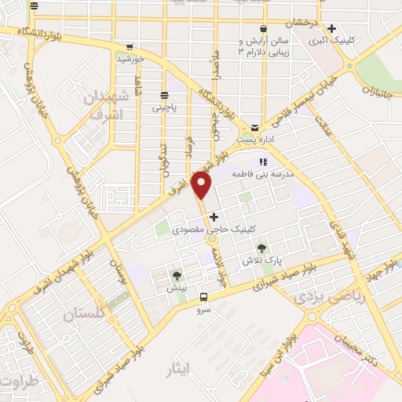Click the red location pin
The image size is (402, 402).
(x=203, y=185)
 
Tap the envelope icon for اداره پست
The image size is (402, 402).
(x=255, y=128)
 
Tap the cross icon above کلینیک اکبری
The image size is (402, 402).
(x=331, y=27)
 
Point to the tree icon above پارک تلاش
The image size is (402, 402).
(x=283, y=248)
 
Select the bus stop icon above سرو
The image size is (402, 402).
(x=204, y=297)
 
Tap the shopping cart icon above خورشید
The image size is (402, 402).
(x=130, y=46)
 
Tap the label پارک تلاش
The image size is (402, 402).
(x=283, y=260)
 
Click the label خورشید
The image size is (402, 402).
(x=130, y=58)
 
